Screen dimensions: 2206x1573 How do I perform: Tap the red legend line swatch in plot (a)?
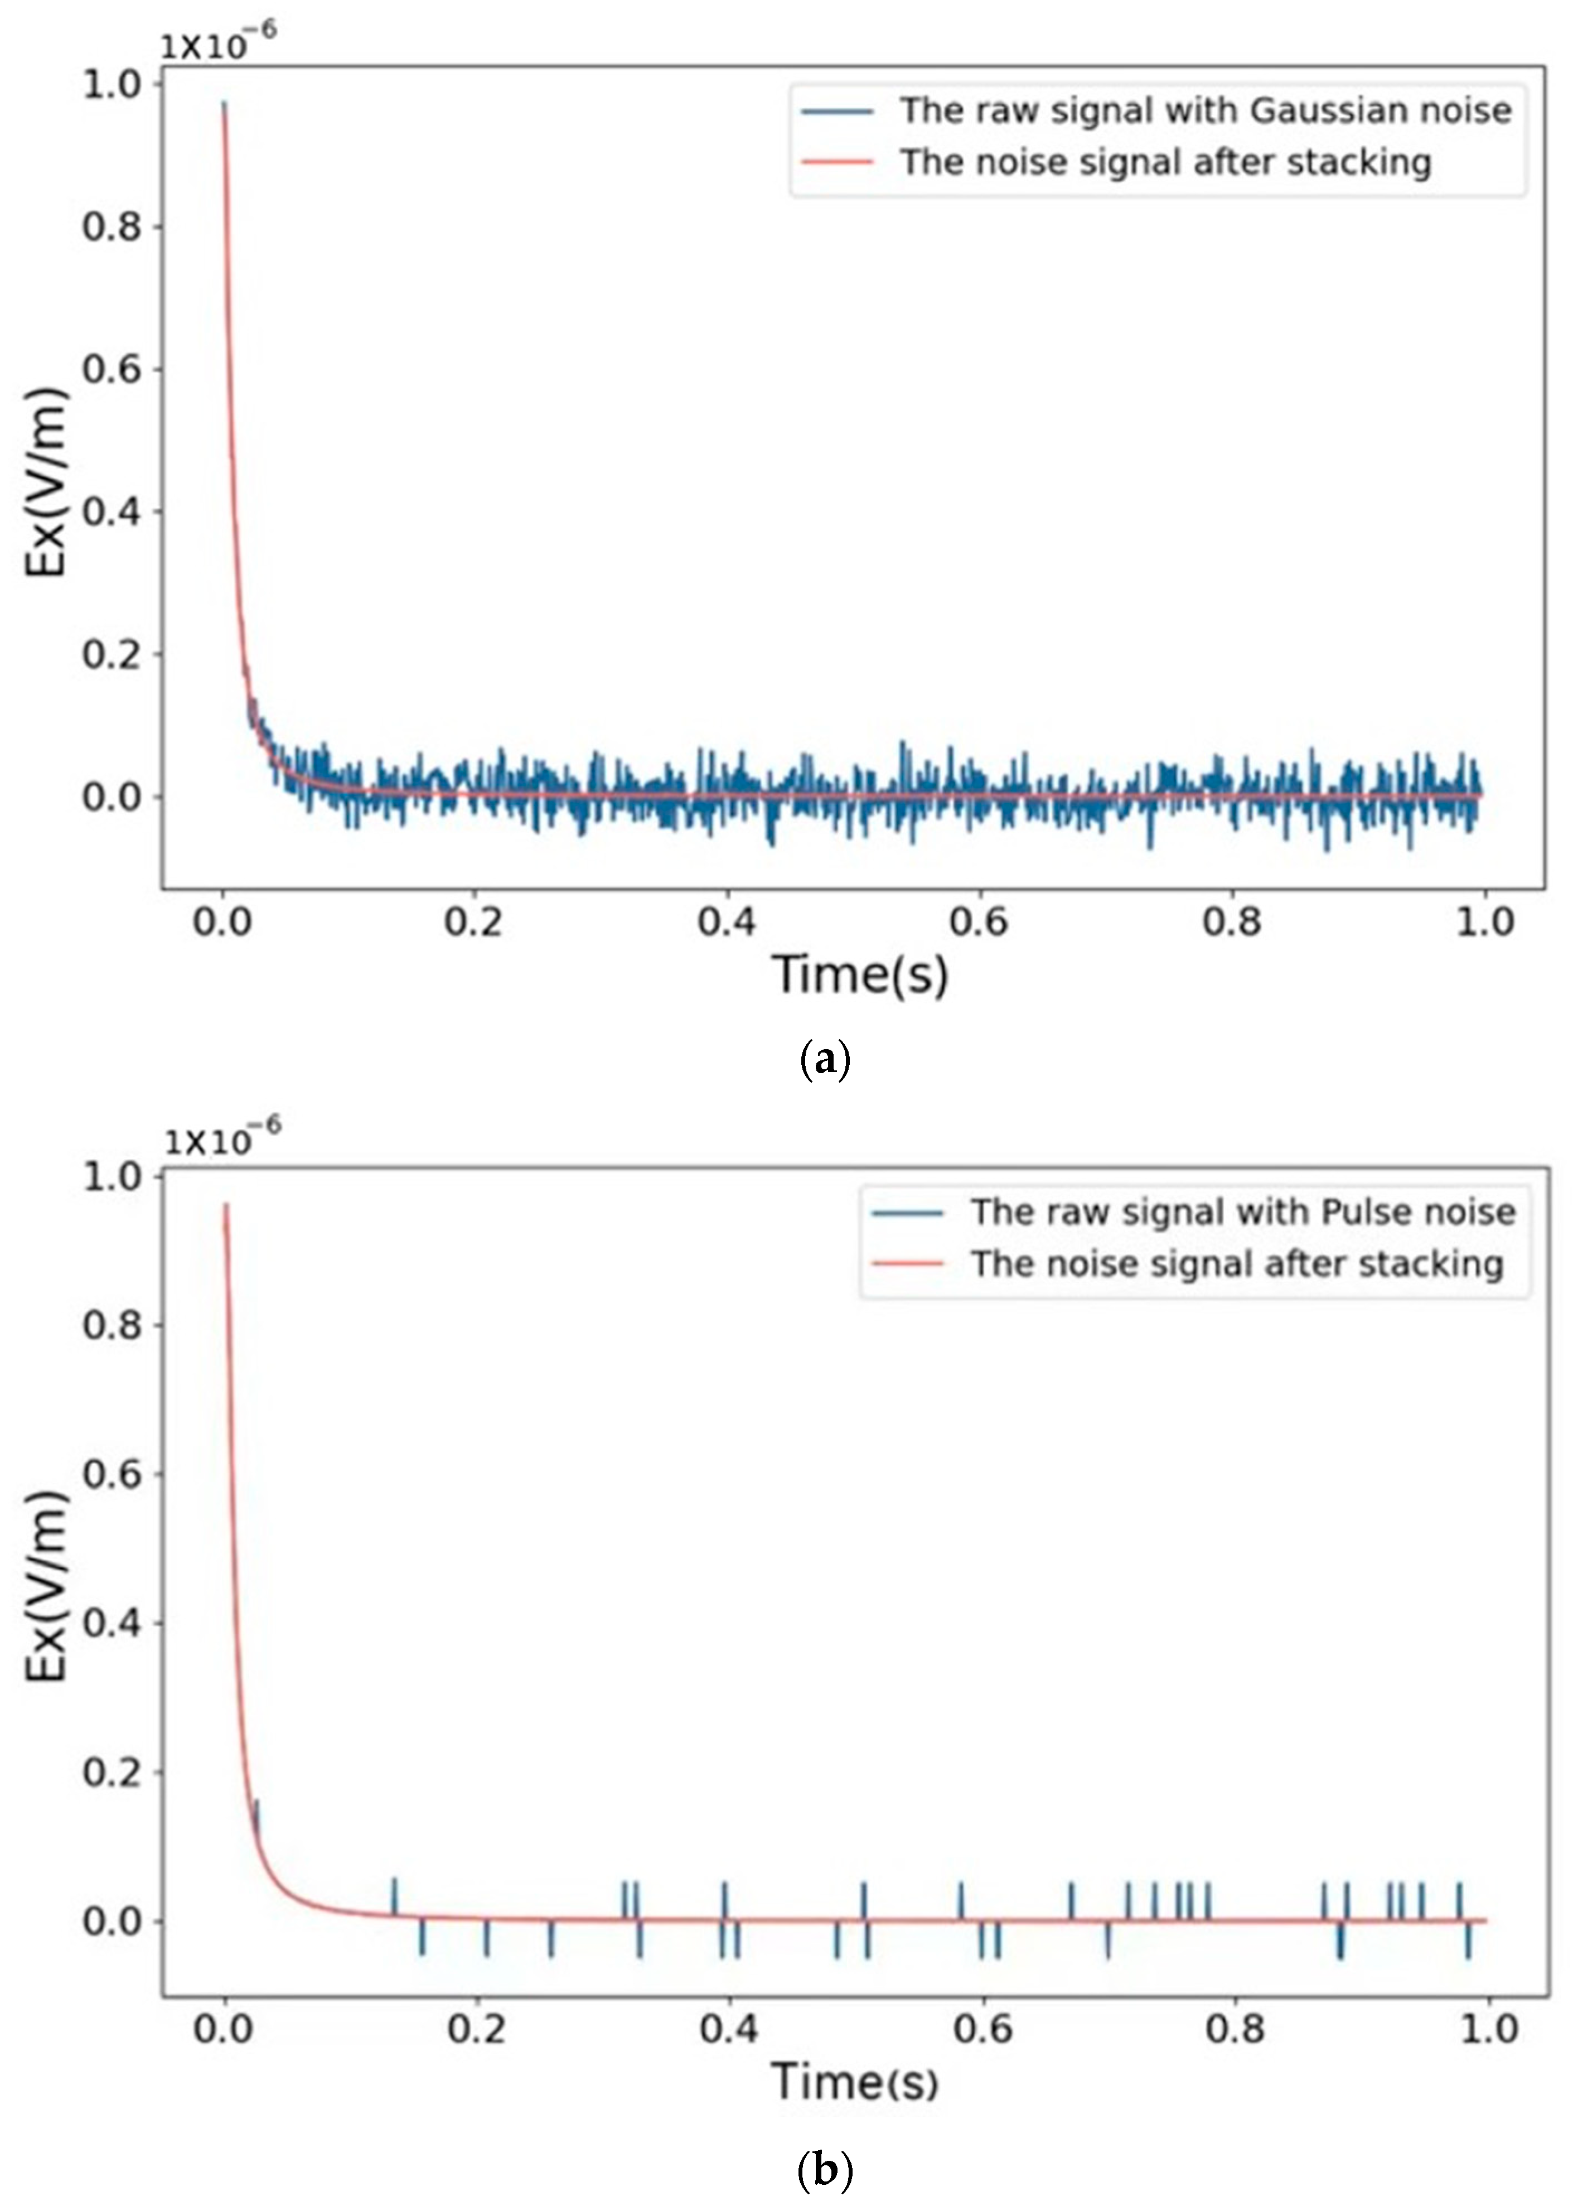[x=838, y=162]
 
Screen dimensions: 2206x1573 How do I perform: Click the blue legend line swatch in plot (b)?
[x=908, y=1212]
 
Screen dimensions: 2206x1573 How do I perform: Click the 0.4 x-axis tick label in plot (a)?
[x=727, y=920]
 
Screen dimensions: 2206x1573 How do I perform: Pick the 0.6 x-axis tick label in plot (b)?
[x=982, y=2028]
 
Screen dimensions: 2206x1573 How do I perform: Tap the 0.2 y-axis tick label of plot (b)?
[x=112, y=1773]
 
